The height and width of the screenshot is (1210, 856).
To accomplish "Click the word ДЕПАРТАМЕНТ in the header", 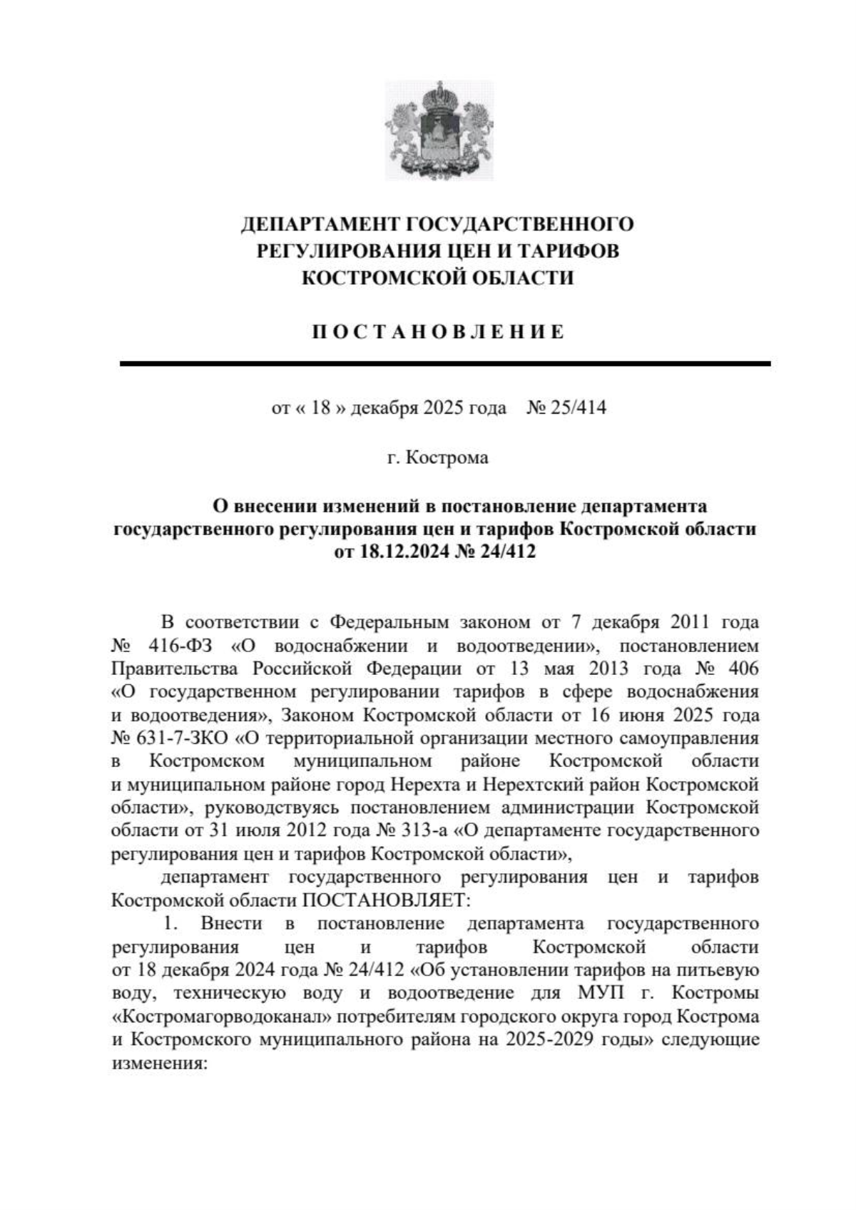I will coord(320,224).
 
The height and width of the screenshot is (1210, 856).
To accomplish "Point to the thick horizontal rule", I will coord(445,364).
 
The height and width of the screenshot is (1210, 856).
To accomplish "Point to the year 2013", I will coord(608,669).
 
